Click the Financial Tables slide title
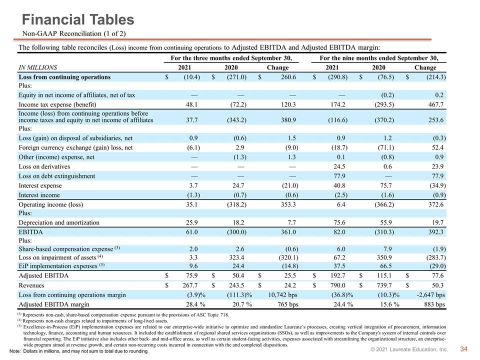click(x=78, y=19)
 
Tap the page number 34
click(x=464, y=349)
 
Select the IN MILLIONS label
click(x=38, y=67)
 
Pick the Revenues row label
click(x=31, y=285)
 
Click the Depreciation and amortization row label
click(x=59, y=223)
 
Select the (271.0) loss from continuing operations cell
click(x=236, y=77)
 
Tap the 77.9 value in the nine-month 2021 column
click(x=339, y=176)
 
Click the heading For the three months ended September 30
click(x=231, y=58)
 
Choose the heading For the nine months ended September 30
click(x=379, y=58)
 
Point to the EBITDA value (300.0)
click(x=236, y=232)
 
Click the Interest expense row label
click(x=40, y=186)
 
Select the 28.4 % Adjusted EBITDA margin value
click(x=195, y=304)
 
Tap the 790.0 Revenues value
click(x=337, y=285)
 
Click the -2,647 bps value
click(x=431, y=295)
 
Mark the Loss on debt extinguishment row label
click(x=57, y=176)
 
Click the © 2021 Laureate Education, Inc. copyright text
click(x=409, y=349)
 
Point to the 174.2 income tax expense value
click(x=337, y=104)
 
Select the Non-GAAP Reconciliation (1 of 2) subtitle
click(x=74, y=33)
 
